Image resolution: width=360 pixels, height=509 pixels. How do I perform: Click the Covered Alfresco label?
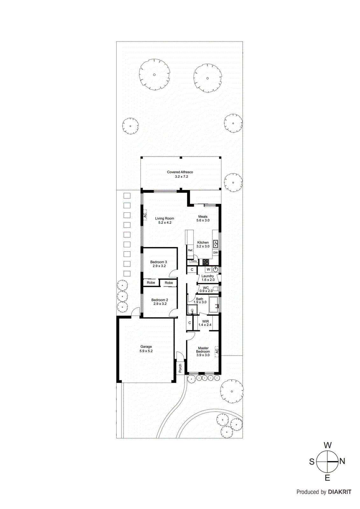point(180,174)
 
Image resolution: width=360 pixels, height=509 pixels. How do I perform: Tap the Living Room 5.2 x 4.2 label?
point(165,220)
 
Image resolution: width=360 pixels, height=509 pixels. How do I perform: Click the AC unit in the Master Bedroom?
point(216,351)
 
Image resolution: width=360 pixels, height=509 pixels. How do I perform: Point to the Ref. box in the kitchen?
point(190,250)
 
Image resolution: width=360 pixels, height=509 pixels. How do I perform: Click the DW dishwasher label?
point(215,253)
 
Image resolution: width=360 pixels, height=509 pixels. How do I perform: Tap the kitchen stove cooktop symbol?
point(206,262)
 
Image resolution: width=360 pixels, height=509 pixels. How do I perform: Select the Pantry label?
point(194,261)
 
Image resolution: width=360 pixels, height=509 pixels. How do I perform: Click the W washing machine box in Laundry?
point(208,269)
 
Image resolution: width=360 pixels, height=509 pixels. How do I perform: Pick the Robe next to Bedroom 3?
point(151,282)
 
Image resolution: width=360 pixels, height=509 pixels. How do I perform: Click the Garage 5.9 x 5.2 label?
point(146,349)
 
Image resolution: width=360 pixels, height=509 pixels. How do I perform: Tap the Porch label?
point(180,368)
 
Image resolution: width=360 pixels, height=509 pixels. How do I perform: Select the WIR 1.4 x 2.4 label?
point(205,323)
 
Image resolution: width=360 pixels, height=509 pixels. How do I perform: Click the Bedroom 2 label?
point(160,302)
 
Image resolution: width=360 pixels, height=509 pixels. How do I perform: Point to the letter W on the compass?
point(328,445)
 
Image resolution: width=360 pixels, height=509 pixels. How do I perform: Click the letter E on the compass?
point(328,478)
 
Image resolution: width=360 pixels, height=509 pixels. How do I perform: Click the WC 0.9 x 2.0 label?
point(206,289)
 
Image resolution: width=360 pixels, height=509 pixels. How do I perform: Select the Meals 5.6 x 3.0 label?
point(203,218)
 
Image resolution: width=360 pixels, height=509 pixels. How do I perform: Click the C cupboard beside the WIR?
point(190,323)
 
